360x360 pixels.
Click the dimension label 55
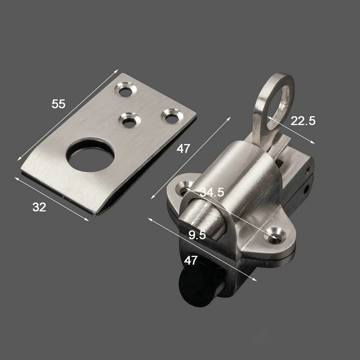point(58,104)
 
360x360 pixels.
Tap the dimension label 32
point(39,207)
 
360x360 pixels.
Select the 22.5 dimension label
point(303,121)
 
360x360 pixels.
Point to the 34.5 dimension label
point(211,192)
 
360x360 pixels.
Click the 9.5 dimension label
point(197,235)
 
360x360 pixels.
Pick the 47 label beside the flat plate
point(183,149)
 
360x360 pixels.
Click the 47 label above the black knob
point(190,261)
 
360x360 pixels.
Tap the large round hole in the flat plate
point(90,155)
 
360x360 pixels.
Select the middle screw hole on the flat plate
point(130,121)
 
